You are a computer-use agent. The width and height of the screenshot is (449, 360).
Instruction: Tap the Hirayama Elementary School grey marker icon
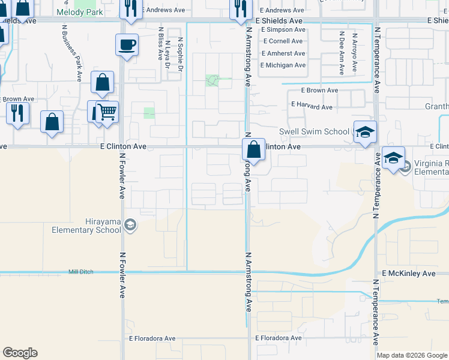click(130, 225)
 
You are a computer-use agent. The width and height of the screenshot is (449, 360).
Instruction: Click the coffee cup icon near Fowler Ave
click(127, 45)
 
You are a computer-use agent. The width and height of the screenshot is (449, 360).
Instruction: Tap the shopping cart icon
click(107, 112)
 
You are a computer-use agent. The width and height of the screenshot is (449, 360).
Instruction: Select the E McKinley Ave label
click(408, 274)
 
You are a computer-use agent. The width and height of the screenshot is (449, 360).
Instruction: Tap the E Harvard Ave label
click(312, 107)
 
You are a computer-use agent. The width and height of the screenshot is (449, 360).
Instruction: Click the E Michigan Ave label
click(283, 65)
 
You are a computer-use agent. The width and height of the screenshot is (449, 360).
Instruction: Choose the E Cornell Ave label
click(282, 41)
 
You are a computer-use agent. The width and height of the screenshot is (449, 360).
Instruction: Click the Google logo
click(20, 353)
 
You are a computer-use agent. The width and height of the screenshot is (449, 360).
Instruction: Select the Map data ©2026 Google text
click(412, 355)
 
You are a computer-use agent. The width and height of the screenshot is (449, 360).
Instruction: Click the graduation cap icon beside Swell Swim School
click(365, 132)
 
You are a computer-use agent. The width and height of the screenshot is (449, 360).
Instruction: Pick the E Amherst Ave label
click(283, 53)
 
